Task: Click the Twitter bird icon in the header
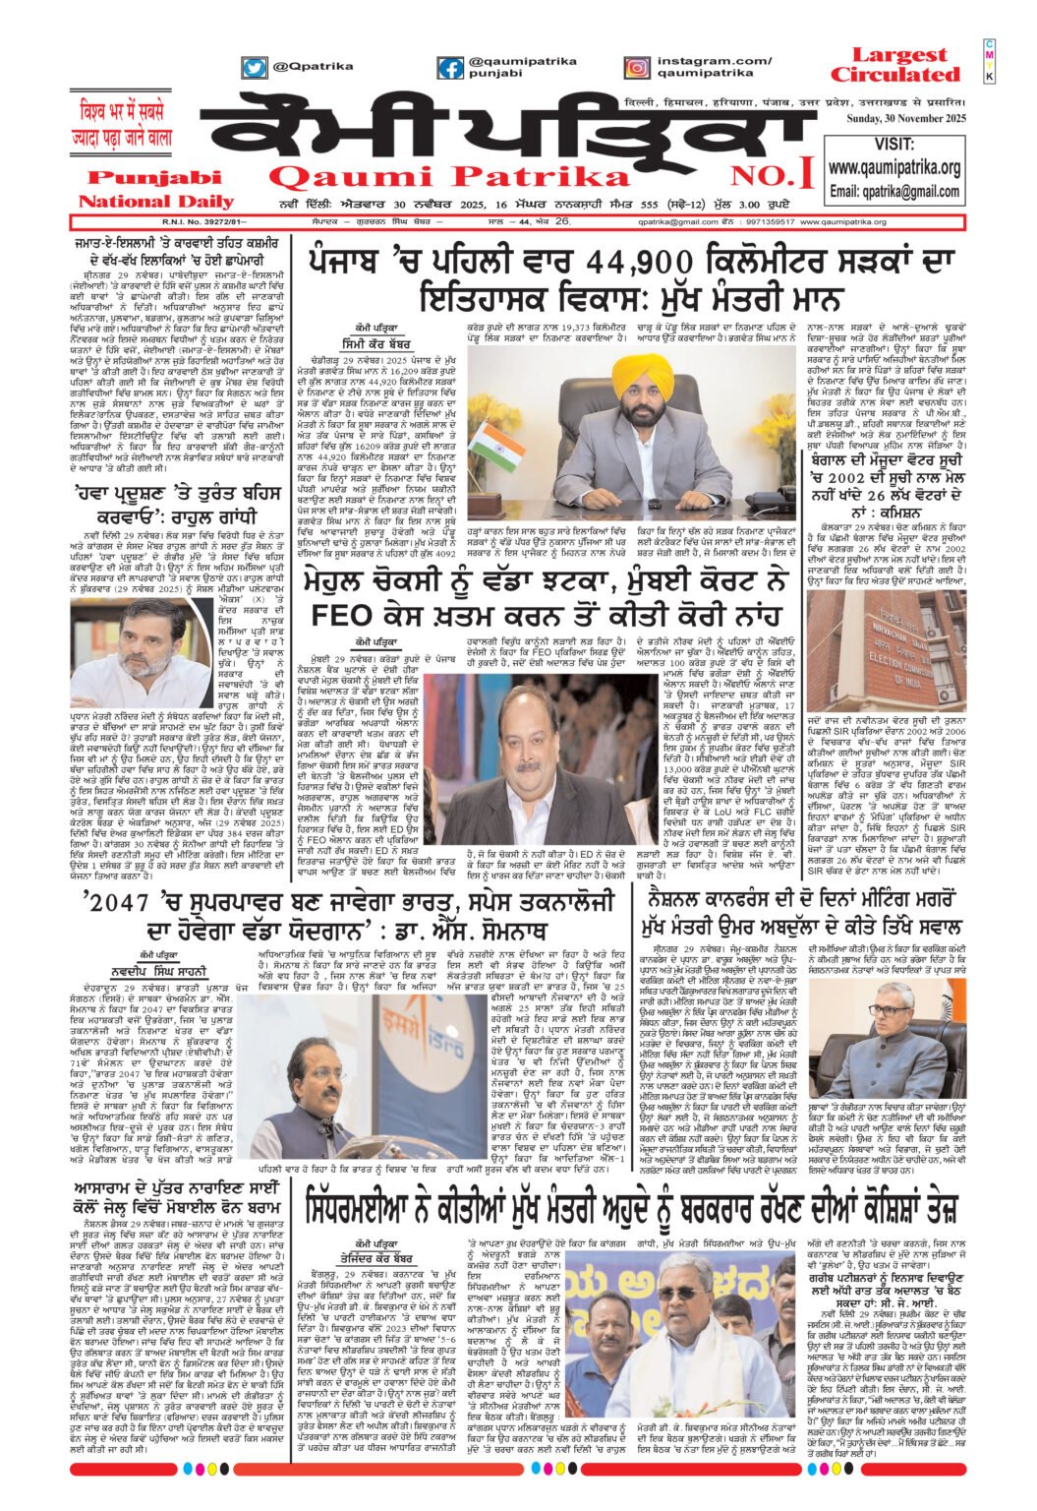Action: (x=255, y=68)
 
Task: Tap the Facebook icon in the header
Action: (x=451, y=68)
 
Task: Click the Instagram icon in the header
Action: (x=636, y=68)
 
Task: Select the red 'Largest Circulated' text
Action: (x=893, y=65)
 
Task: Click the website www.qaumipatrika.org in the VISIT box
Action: (x=893, y=168)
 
